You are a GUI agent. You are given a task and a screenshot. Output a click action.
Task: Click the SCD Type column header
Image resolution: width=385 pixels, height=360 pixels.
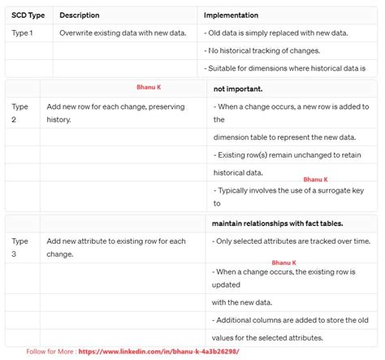(x=28, y=15)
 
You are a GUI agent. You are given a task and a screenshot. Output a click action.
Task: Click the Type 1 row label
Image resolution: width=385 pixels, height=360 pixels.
(x=24, y=33)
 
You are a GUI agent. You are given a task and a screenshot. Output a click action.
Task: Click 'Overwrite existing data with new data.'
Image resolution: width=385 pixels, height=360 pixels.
(x=122, y=33)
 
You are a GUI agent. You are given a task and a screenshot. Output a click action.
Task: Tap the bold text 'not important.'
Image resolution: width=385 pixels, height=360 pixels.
(x=238, y=89)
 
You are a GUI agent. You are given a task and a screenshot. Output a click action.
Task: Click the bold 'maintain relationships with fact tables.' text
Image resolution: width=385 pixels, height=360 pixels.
(x=277, y=223)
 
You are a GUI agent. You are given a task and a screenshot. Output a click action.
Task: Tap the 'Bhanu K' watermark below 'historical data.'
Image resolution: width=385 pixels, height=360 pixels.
(x=315, y=180)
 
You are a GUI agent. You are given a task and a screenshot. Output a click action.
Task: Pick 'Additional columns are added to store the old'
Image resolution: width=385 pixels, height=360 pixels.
(x=296, y=320)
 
